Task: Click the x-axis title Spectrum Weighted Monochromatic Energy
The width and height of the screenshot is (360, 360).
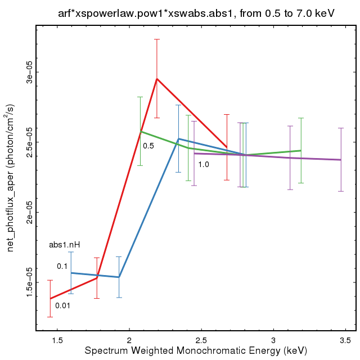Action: coord(196,351)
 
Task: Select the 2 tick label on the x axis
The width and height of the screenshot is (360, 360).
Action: coord(129,340)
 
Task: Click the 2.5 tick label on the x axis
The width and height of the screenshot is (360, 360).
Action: coord(201,340)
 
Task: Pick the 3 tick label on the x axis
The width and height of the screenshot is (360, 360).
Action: coord(273,340)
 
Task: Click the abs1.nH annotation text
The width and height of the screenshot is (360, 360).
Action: coord(64,245)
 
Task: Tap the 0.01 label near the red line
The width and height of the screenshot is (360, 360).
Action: coord(62,305)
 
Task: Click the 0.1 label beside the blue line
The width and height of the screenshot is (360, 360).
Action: coord(62,266)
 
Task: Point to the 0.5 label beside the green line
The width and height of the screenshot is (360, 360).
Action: coord(148,146)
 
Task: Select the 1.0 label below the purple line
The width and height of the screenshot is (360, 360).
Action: coord(204,164)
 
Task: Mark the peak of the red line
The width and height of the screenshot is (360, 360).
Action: coord(157,79)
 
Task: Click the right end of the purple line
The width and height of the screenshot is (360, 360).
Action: coord(341,160)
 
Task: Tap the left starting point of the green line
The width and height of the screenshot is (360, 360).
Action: coord(141,132)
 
